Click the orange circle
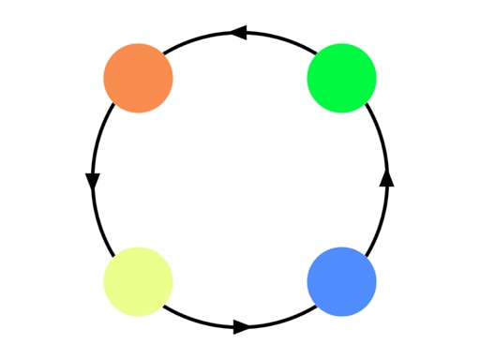tap(138, 78)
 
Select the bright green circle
tap(342, 78)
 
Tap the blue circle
tap(342, 282)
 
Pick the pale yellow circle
tap(138, 282)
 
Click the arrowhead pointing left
tap(238, 33)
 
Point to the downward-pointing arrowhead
tap(93, 181)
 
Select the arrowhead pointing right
tap(242, 327)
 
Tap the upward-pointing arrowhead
tap(386, 177)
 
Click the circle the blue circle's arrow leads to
tap(342, 78)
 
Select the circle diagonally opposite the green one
tap(138, 282)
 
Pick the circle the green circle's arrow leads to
tap(138, 78)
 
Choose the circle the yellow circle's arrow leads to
tap(342, 282)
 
